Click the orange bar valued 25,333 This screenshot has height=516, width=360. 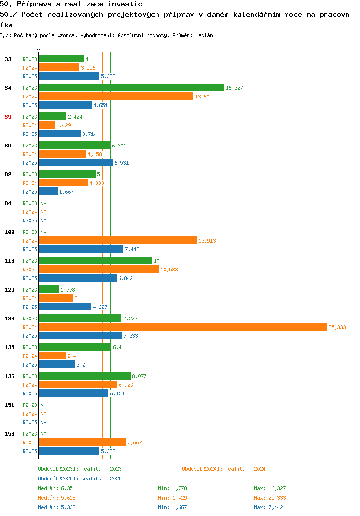tap(183, 327)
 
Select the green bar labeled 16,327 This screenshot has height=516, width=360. tap(132, 87)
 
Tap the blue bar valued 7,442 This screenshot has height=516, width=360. tap(81, 249)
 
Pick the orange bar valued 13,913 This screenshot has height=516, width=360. tap(118, 241)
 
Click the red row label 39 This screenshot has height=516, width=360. tap(8, 117)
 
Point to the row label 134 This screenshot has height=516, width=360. tap(10, 319)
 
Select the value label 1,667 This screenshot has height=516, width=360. tap(66, 192)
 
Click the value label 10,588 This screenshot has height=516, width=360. tap(169, 270)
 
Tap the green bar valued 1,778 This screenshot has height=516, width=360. tap(49, 289)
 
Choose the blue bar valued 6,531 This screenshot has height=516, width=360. tap(76, 162)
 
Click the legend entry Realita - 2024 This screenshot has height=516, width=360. tap(224, 469)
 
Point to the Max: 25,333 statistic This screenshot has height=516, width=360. tap(270, 498)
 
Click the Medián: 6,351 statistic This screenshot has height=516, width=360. tap(57, 488)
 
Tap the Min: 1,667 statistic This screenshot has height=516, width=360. tap(172, 507)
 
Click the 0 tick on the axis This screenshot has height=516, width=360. tap(38, 49)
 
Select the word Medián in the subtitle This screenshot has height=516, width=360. tap(204, 35)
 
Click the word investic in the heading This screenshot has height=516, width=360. tap(125, 4)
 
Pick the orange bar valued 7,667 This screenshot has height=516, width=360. tap(83, 442)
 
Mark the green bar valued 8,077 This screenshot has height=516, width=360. tap(85, 376)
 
